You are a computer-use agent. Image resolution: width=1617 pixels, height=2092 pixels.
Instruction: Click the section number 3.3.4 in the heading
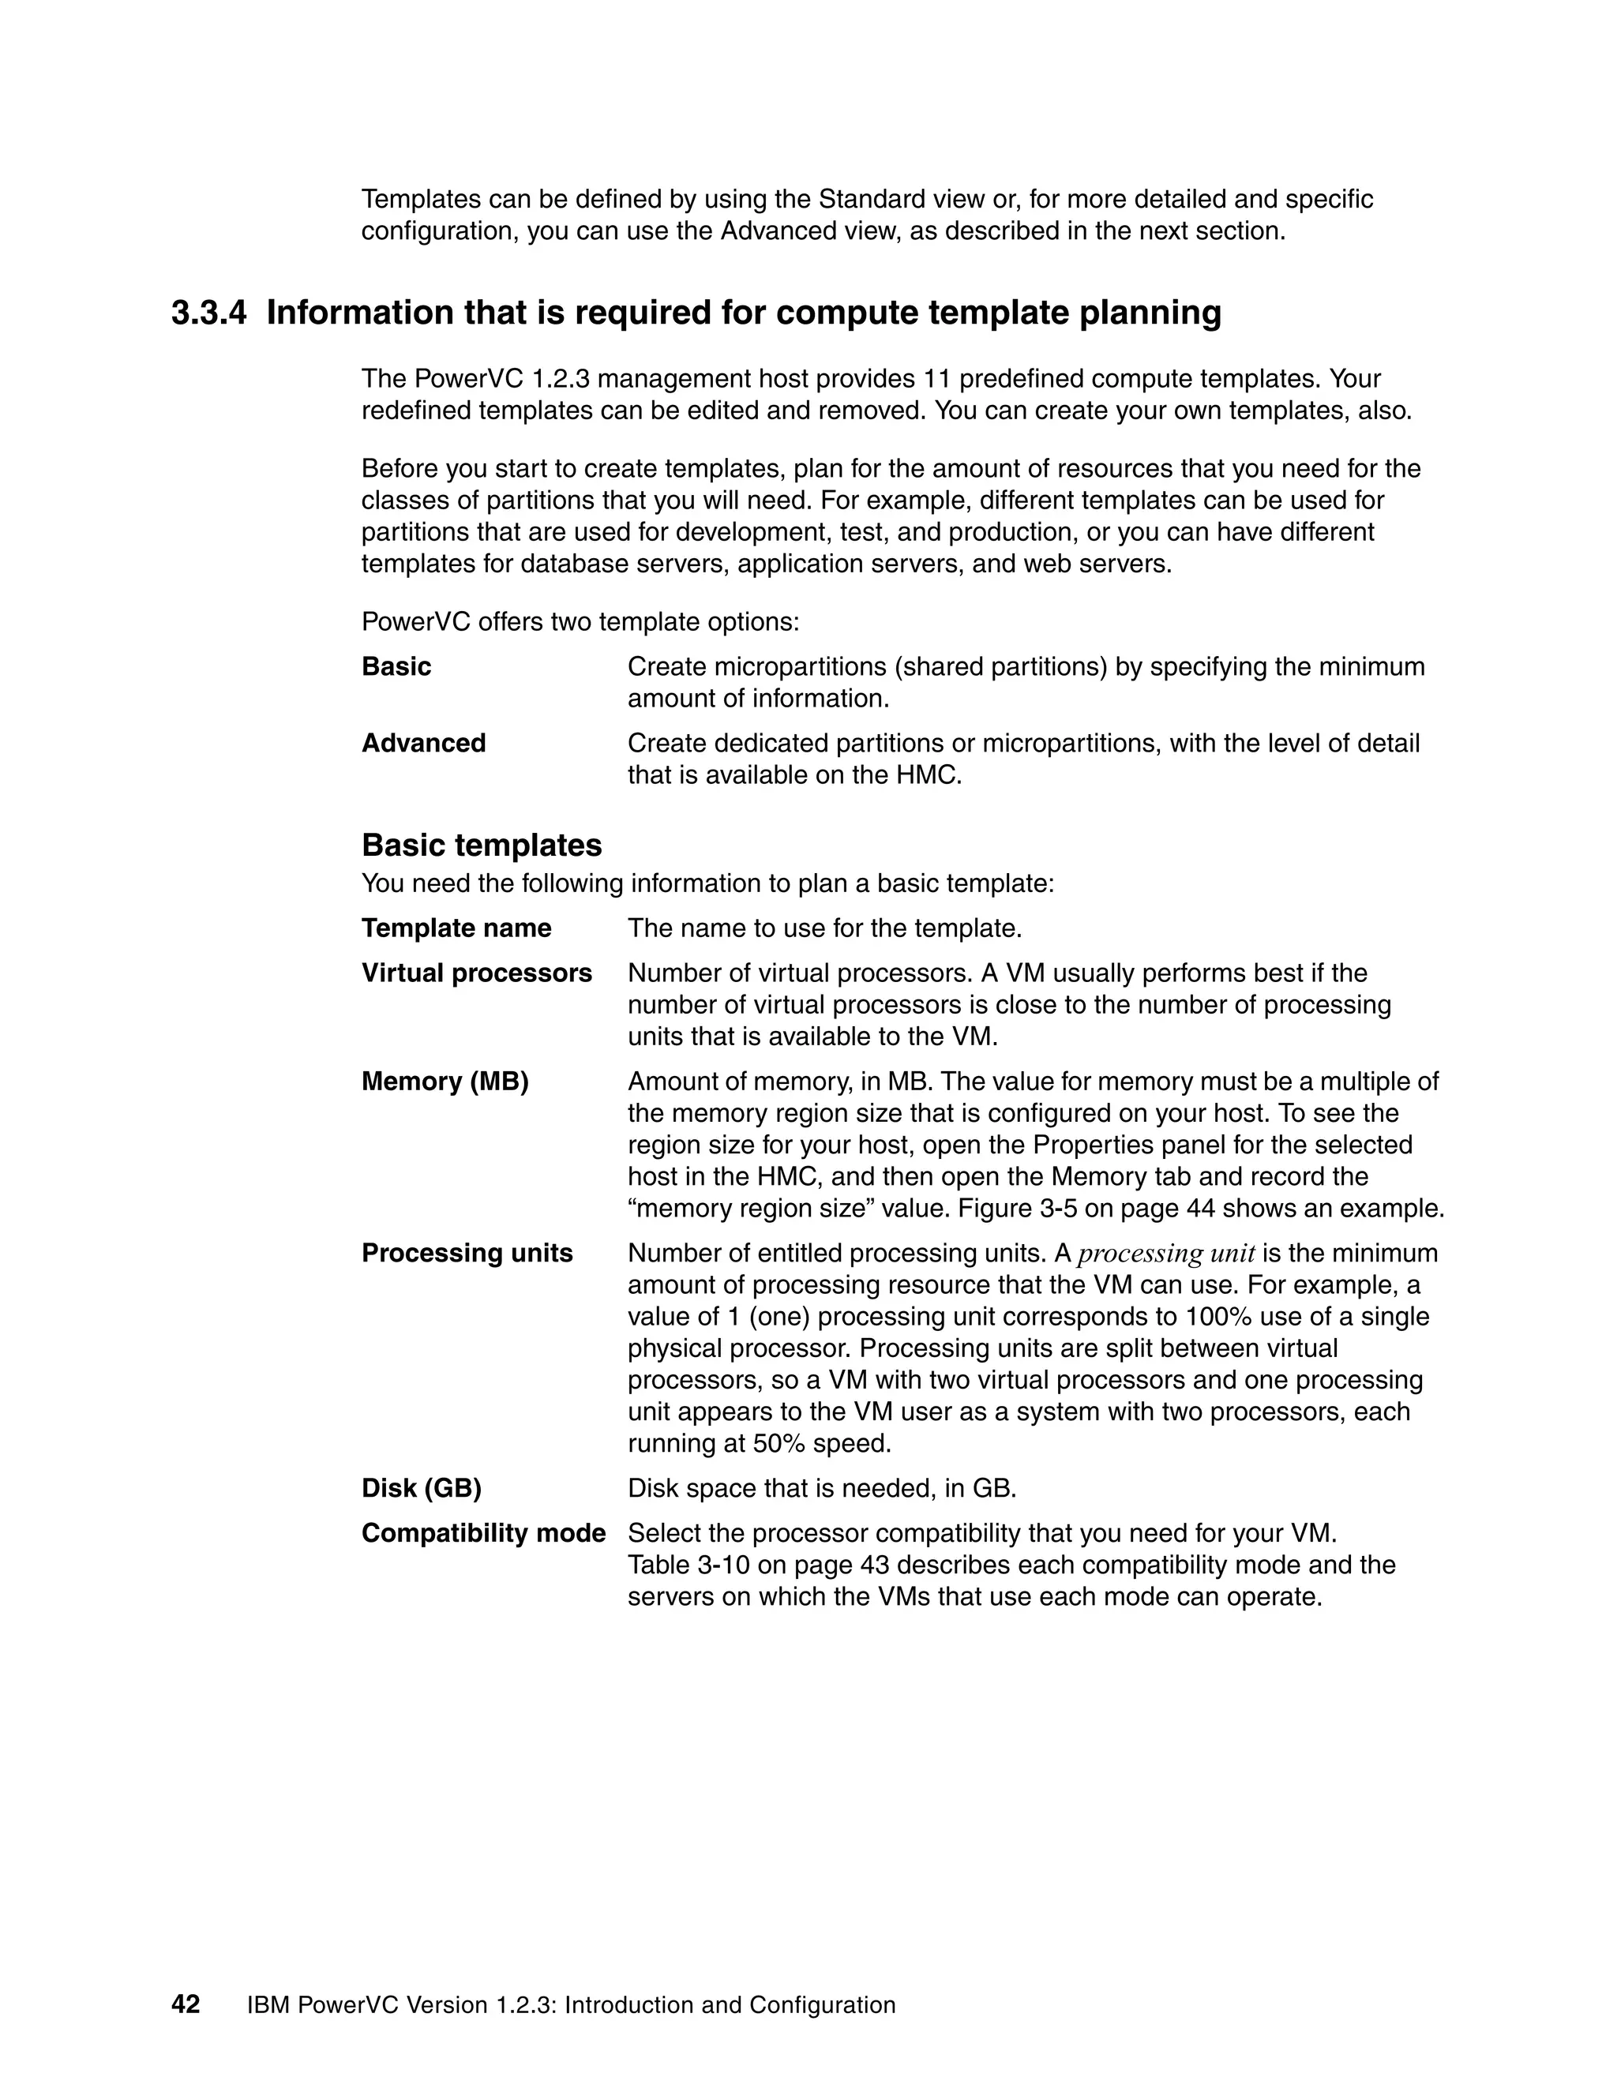coord(208,313)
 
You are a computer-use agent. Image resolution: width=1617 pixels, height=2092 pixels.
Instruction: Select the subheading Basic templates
coord(481,845)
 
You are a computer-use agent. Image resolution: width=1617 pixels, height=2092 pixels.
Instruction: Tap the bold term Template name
coord(456,928)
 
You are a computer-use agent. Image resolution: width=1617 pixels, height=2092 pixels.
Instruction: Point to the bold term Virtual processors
coord(476,973)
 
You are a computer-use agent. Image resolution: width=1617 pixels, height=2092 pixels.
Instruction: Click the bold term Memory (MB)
coord(445,1081)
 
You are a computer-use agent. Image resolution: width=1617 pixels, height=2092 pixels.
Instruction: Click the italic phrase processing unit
coord(1166,1253)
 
